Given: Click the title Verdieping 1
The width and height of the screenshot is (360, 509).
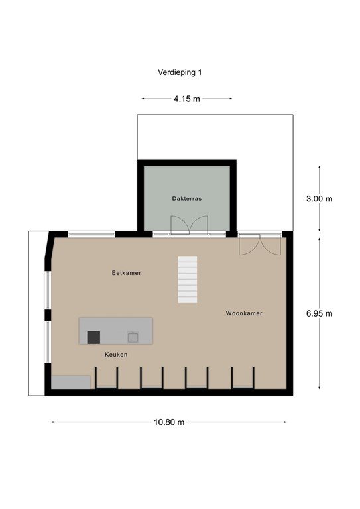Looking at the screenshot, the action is [x=180, y=72].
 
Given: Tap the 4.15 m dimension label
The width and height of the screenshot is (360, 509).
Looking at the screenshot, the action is [x=187, y=99].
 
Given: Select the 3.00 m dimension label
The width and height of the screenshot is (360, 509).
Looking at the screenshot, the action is [x=319, y=199].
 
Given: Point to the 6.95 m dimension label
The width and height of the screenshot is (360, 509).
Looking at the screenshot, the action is [x=319, y=313].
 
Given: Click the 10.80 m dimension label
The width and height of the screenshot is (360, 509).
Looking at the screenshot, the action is [x=169, y=422].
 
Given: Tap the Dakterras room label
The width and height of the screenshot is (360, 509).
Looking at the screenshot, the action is [x=187, y=199].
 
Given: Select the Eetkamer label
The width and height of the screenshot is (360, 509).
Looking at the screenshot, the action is [x=126, y=273].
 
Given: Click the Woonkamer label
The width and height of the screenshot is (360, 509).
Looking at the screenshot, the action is [x=244, y=313].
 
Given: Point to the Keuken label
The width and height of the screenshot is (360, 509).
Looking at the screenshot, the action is [x=116, y=355].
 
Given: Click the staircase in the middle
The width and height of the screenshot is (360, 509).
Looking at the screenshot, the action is [x=188, y=280].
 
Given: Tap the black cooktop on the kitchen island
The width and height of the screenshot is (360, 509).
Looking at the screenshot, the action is [x=93, y=337].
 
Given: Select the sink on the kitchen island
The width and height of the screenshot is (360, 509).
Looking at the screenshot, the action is [x=133, y=337].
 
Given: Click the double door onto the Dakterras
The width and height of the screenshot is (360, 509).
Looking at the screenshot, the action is [x=189, y=225].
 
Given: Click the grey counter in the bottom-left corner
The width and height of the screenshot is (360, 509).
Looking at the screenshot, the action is [x=71, y=382].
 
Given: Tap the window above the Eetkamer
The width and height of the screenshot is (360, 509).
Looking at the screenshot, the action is [x=91, y=234].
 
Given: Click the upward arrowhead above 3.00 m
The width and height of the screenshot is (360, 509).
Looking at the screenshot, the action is [x=319, y=167].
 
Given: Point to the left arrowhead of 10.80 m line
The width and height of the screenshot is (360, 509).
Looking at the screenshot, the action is [x=53, y=422].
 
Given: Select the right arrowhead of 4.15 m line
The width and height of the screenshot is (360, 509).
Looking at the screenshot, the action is [x=231, y=99].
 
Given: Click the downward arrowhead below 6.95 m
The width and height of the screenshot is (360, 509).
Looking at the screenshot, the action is [x=319, y=387].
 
